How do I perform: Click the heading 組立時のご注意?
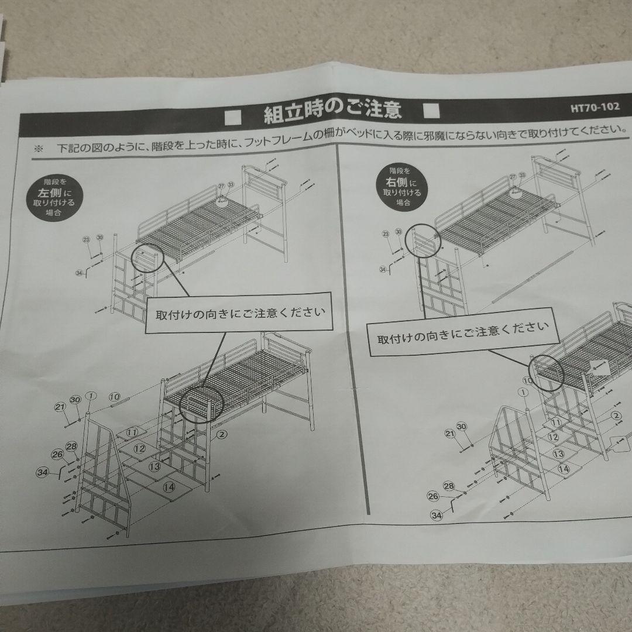pyautogui.click(x=332, y=112)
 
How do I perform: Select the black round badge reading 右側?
pyautogui.click(x=399, y=186)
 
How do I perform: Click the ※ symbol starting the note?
pyautogui.click(x=39, y=147)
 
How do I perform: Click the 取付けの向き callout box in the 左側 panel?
pyautogui.click(x=239, y=312)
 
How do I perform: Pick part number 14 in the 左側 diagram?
pyautogui.click(x=169, y=486)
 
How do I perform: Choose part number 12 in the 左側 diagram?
pyautogui.click(x=139, y=449)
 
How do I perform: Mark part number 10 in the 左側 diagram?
pyautogui.click(x=114, y=397)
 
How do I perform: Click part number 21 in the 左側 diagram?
pyautogui.click(x=60, y=407)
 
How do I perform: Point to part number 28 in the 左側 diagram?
pyautogui.click(x=71, y=446)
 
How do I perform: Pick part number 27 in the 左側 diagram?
pyautogui.click(x=221, y=186)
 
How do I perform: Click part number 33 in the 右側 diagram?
pyautogui.click(x=522, y=176)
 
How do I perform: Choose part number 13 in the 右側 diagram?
pyautogui.click(x=558, y=454)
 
